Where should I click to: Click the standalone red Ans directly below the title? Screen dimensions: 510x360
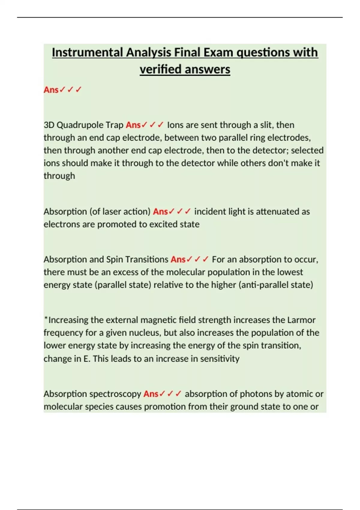click(51, 90)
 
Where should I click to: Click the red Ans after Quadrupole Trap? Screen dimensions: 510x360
click(133, 125)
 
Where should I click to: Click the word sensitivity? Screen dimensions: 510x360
click(220, 358)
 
